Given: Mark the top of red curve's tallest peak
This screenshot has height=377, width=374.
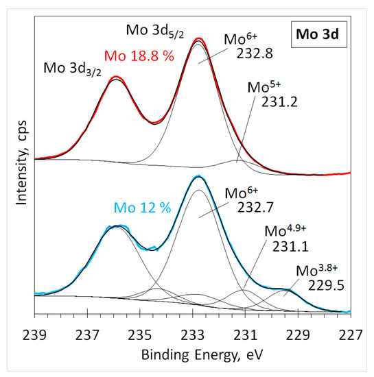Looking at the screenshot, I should click(199, 38).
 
